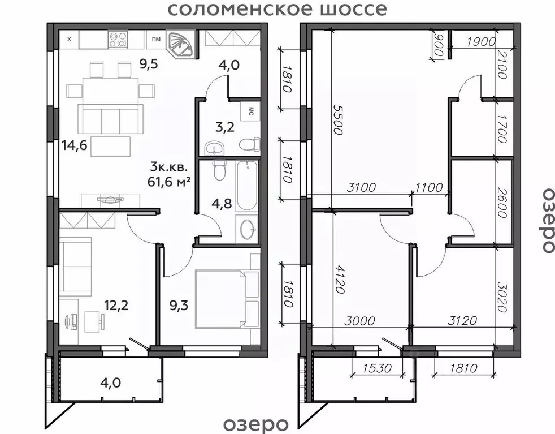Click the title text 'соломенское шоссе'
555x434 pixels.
click(x=277, y=10)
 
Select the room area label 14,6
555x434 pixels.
click(x=74, y=146)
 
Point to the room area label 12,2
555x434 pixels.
click(x=115, y=306)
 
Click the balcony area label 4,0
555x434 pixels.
click(x=110, y=383)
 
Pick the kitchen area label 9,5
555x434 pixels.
click(x=149, y=63)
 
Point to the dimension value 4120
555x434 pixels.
click(x=339, y=278)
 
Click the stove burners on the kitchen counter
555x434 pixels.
click(x=120, y=39)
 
